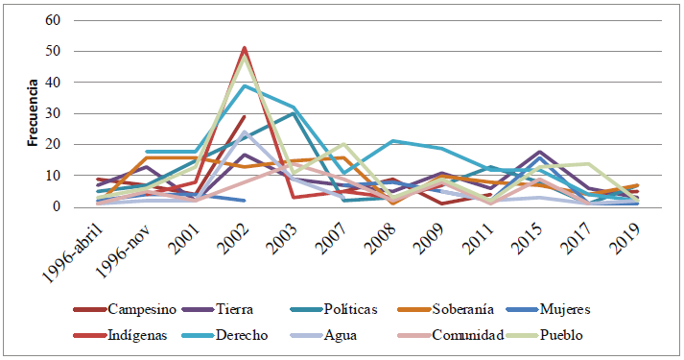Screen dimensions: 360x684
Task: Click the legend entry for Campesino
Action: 140,309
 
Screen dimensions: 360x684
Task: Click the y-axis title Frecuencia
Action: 32,114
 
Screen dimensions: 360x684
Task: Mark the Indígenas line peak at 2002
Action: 245,47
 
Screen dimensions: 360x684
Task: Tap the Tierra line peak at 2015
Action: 540,152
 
